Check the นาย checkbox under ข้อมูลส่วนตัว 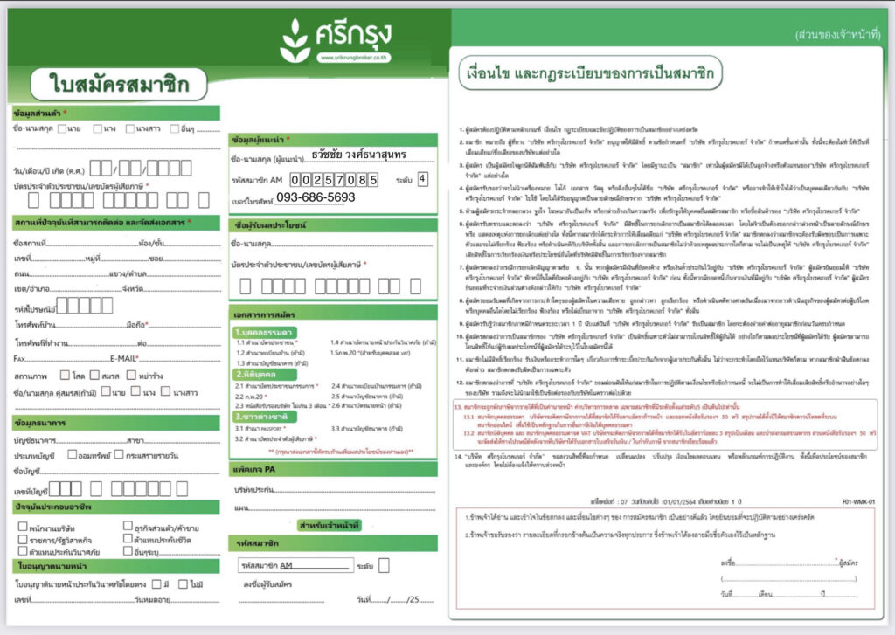coord(61,129)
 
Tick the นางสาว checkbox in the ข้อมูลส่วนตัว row coord(130,129)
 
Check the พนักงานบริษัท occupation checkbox coord(22,527)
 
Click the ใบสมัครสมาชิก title coord(118,85)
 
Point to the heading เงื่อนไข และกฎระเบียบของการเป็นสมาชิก coord(567,74)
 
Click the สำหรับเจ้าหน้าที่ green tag coord(333,525)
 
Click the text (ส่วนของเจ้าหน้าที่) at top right coord(837,35)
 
